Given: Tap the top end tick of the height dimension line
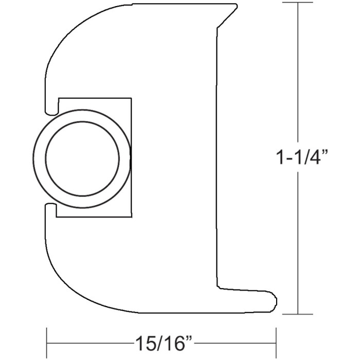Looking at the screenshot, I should [298, 3].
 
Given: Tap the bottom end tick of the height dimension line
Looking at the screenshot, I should [298, 314].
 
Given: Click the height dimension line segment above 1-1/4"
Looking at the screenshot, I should [298, 72].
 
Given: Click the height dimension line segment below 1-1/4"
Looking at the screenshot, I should [298, 242].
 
